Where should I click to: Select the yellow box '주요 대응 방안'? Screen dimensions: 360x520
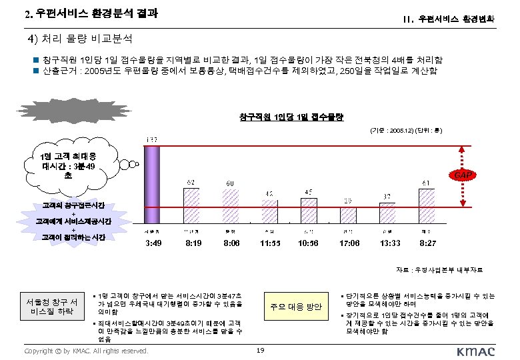[295, 307]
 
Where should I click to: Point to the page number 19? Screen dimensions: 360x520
[261, 351]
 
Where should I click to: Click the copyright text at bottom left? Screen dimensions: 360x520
[85, 351]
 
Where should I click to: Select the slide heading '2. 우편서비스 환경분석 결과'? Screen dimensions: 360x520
[91, 14]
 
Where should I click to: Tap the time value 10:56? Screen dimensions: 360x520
[308, 244]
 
